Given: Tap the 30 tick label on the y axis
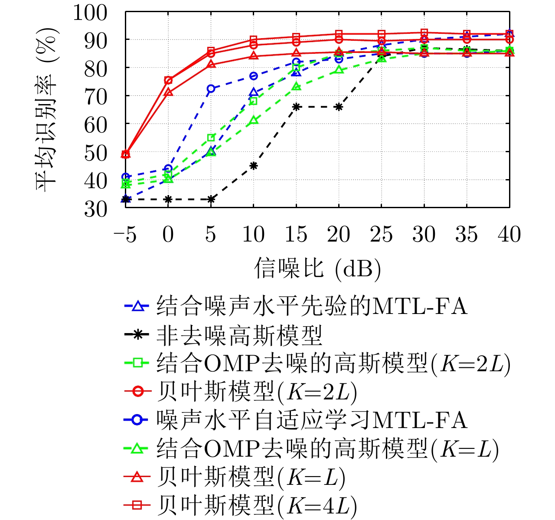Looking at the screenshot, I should [x=95, y=209].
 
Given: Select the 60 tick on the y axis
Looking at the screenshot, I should [x=95, y=124].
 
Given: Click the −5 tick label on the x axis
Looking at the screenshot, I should [x=125, y=235].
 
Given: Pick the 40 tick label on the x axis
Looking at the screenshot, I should [x=509, y=235].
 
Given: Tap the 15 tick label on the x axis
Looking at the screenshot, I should [x=296, y=235].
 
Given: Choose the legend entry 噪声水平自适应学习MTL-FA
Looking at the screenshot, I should [x=311, y=420].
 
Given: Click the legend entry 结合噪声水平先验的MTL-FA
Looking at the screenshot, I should [x=311, y=306].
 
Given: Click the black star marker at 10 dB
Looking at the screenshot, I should [x=254, y=165].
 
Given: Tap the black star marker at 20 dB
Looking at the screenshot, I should [x=339, y=107].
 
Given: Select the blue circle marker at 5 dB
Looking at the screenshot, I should [x=211, y=88].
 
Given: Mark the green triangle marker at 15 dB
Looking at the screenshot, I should [x=296, y=86].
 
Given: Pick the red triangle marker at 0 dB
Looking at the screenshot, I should [x=168, y=92].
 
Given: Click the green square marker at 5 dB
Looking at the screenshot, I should [x=211, y=137].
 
